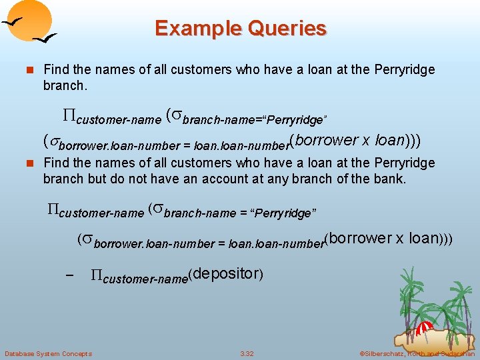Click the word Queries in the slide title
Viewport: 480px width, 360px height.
(x=288, y=29)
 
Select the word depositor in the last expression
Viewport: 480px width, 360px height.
(x=226, y=273)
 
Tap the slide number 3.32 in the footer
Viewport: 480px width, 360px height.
(x=247, y=353)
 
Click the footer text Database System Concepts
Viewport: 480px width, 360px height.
(x=48, y=353)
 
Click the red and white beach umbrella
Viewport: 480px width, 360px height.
(x=425, y=327)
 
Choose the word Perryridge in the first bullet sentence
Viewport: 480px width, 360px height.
(x=404, y=69)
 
